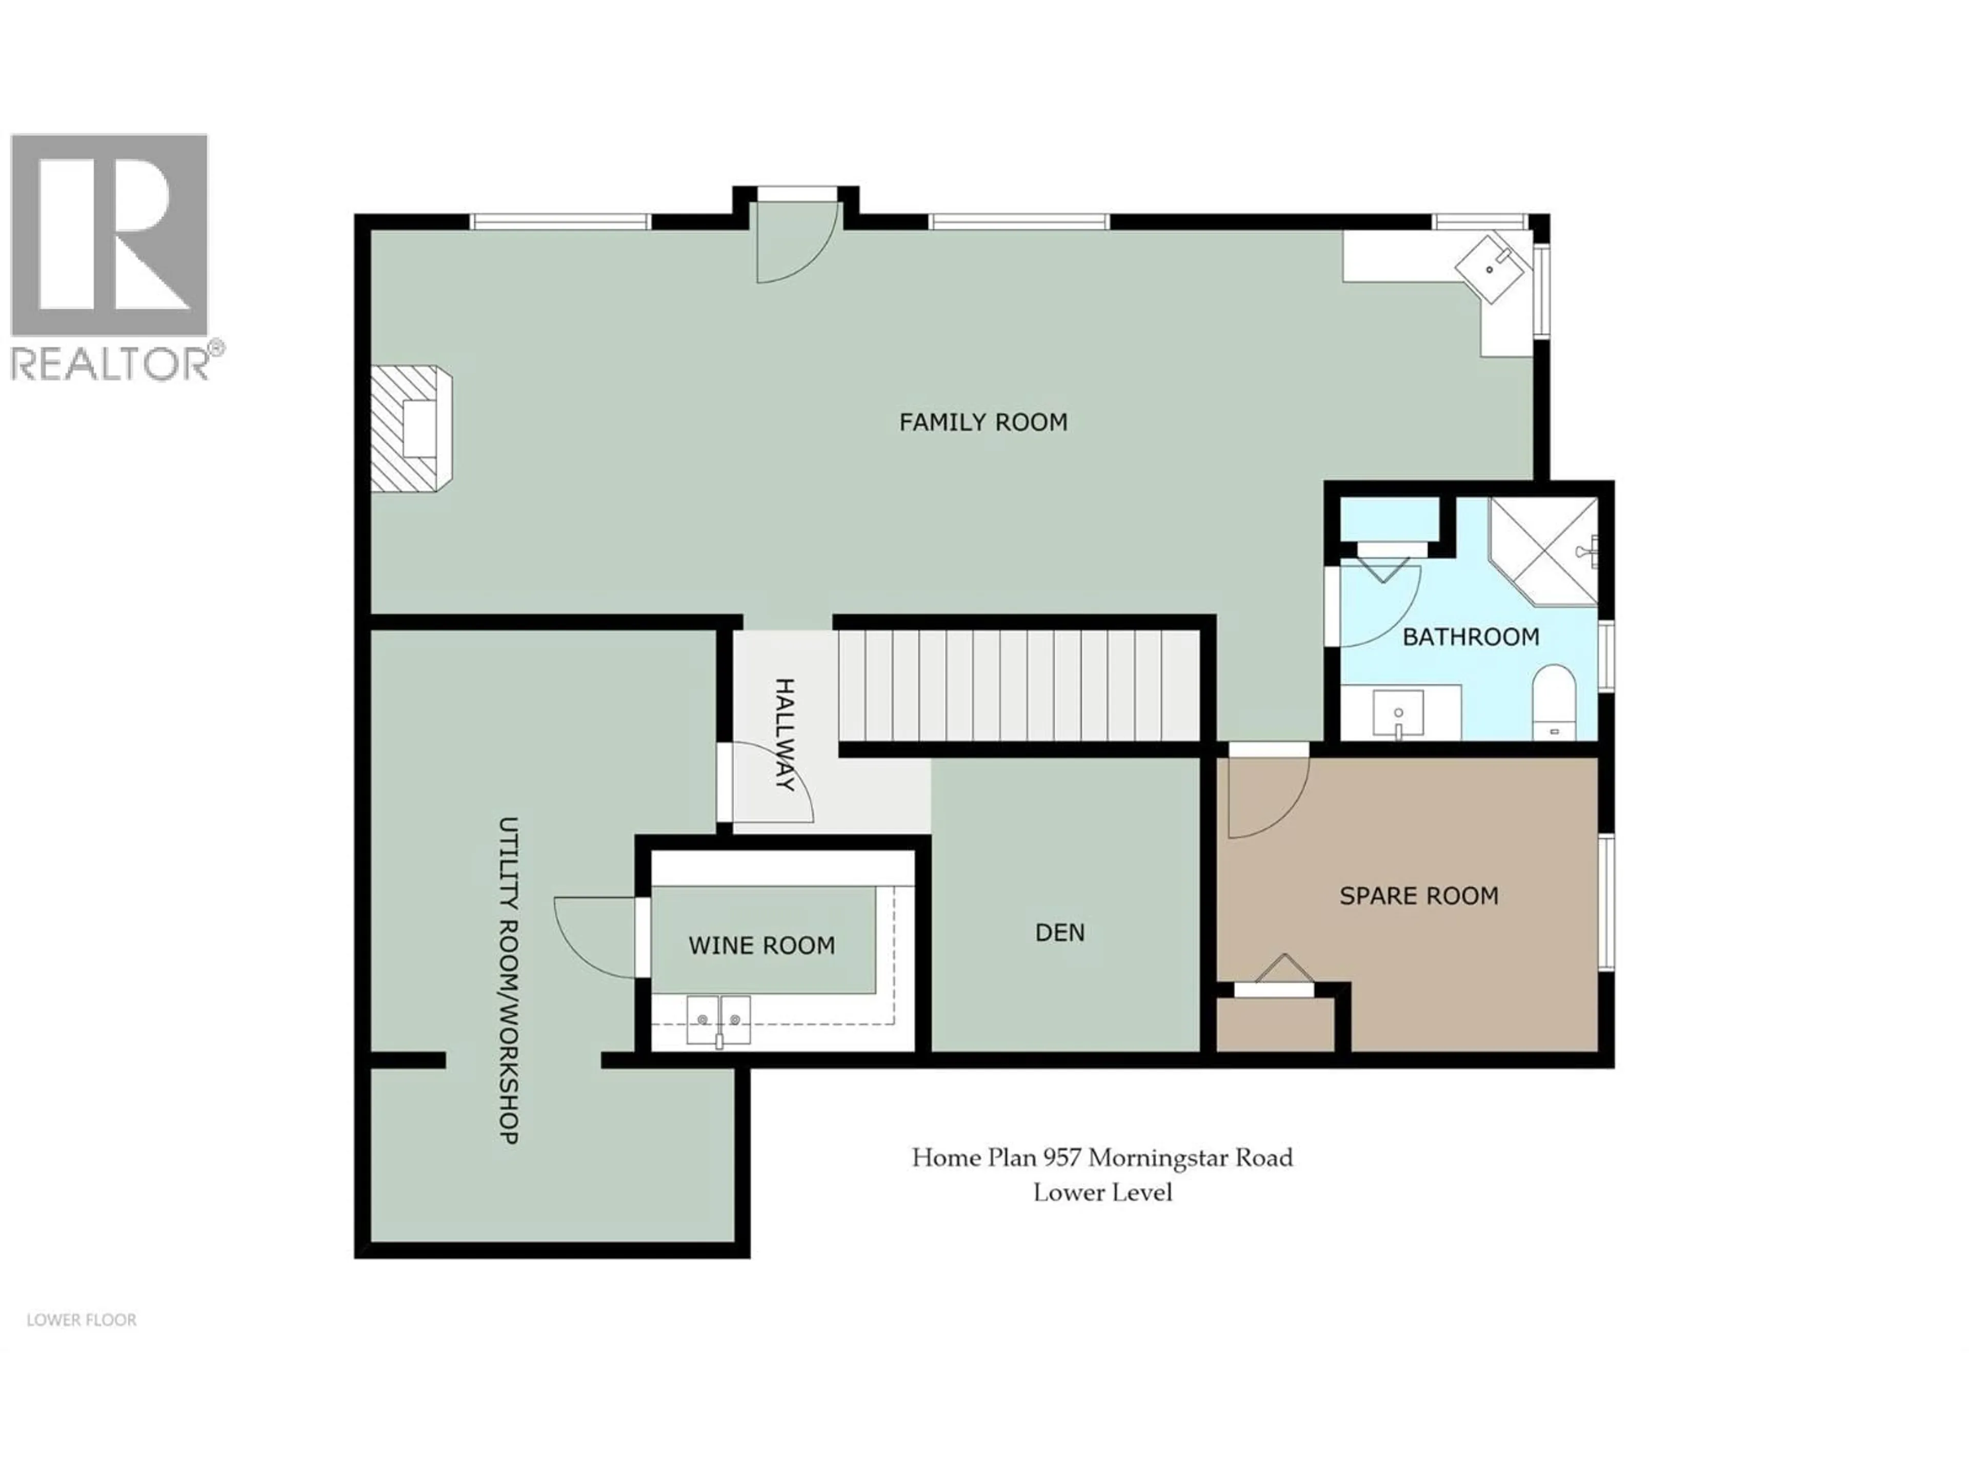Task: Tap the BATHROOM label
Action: click(1471, 637)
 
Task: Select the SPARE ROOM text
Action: click(1419, 896)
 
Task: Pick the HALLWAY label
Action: click(784, 735)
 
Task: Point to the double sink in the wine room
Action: click(718, 1019)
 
